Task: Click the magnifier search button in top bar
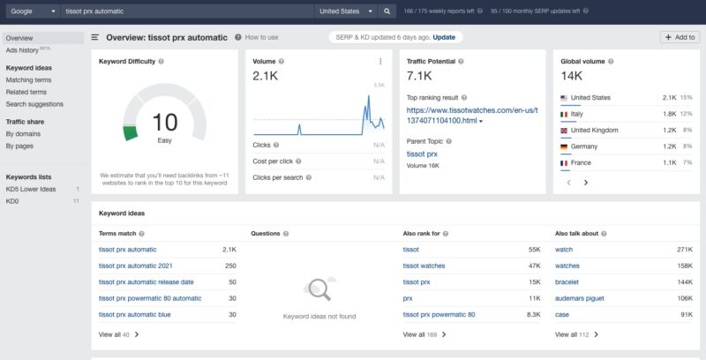pyautogui.click(x=387, y=11)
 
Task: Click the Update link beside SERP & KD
pyautogui.click(x=444, y=37)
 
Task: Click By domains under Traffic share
pyautogui.click(x=23, y=133)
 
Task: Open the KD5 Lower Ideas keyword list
pyautogui.click(x=31, y=189)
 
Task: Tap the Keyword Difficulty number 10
pyautogui.click(x=165, y=122)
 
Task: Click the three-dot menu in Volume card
pyautogui.click(x=380, y=62)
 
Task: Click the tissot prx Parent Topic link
pyautogui.click(x=422, y=154)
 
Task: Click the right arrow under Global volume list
pyautogui.click(x=586, y=182)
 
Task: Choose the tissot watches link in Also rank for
pyautogui.click(x=424, y=266)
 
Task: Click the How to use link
pyautogui.click(x=261, y=38)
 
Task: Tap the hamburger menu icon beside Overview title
pyautogui.click(x=95, y=38)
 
